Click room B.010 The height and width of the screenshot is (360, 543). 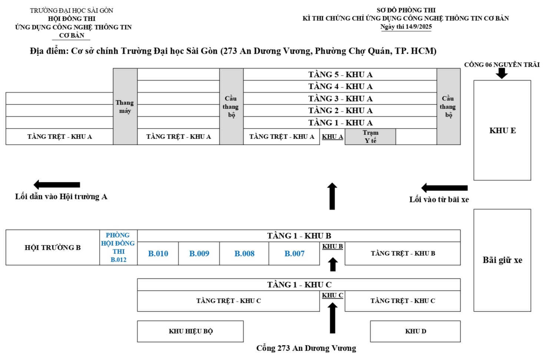coord(158,253)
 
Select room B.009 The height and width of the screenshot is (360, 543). coord(199,253)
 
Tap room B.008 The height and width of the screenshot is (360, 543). coord(244,253)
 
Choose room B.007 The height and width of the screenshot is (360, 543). coord(294,253)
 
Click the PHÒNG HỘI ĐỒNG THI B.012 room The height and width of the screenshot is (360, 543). coord(118,247)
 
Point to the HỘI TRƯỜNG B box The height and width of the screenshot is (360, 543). coord(53,247)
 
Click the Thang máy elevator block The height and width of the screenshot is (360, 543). coord(125,106)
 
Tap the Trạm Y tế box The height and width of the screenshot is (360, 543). coord(370,136)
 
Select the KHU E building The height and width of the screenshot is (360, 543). coord(502,130)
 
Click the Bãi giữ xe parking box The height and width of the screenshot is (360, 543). coord(502,260)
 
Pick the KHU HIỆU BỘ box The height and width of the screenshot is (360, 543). coord(190,331)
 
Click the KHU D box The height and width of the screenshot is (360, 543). coord(415,331)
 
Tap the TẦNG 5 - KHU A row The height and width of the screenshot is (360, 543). coord(340,75)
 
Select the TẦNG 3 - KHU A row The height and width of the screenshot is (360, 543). coord(340,98)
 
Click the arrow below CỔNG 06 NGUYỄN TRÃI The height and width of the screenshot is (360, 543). coord(501,73)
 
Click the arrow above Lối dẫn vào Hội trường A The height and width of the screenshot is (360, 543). coord(57,185)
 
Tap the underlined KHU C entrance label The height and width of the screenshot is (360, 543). coord(332,295)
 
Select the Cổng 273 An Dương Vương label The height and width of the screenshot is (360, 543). coord(306,348)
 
